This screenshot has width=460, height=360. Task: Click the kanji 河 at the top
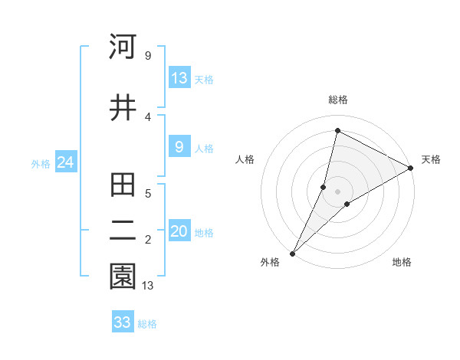click(123, 47)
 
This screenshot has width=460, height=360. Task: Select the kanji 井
click(123, 107)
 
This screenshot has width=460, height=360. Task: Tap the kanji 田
click(123, 185)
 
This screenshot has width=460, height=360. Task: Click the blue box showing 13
click(179, 78)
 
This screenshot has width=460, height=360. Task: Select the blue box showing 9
click(179, 147)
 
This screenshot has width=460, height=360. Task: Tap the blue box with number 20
click(179, 231)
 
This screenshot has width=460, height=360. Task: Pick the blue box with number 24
click(65, 162)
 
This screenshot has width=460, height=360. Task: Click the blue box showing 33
click(123, 322)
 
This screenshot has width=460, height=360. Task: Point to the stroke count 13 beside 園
click(149, 286)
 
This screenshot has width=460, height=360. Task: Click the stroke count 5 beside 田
click(148, 194)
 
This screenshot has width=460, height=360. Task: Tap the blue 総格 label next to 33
click(147, 324)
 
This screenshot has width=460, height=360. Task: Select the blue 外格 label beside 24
click(41, 163)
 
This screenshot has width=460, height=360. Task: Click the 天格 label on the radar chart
click(431, 159)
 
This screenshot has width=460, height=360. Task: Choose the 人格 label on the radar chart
click(245, 159)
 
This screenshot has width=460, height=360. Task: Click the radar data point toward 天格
click(411, 169)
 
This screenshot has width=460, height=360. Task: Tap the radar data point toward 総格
click(337, 130)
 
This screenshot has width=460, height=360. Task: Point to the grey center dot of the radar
click(338, 191)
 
